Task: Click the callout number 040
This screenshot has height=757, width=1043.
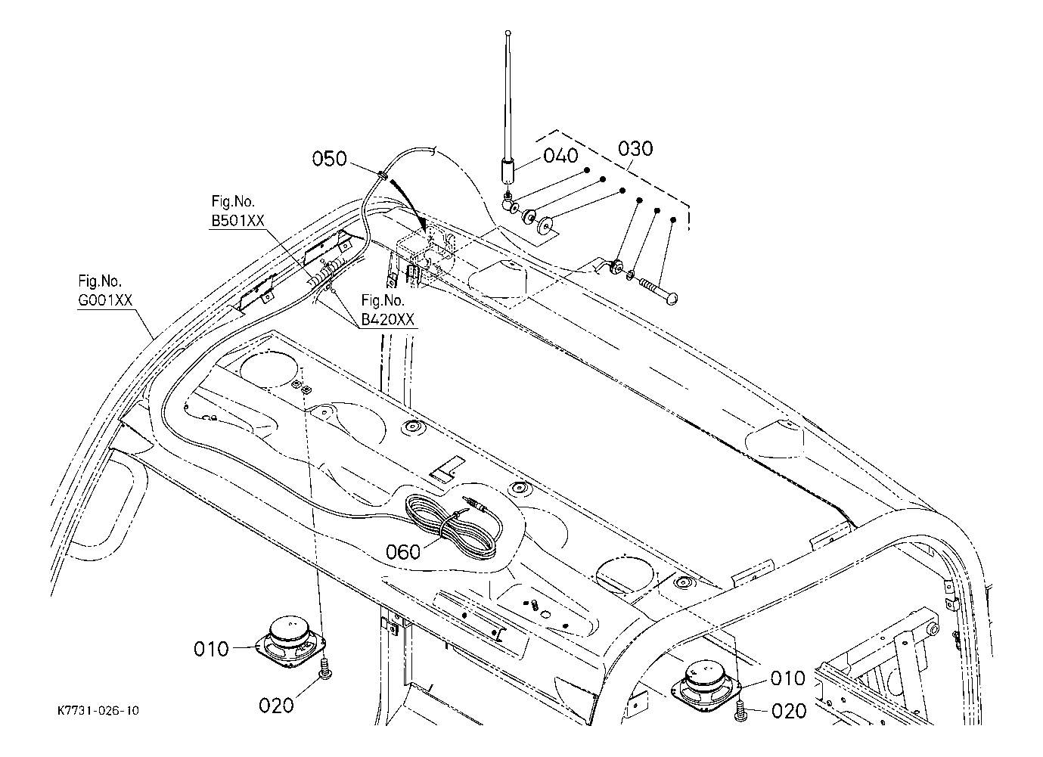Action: [x=560, y=156]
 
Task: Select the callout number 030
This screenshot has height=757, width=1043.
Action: [x=635, y=148]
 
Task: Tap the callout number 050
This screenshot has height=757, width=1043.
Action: [x=329, y=159]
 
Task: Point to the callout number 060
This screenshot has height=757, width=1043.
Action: [x=403, y=552]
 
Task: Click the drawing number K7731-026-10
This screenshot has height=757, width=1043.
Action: [x=98, y=710]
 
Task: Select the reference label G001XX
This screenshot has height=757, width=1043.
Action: [x=105, y=300]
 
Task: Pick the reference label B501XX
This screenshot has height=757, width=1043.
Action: [x=238, y=220]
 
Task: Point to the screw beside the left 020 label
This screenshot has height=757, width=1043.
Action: [x=325, y=669]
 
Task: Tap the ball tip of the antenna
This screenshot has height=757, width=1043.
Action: [x=508, y=33]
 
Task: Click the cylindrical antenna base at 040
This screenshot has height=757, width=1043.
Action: [x=508, y=170]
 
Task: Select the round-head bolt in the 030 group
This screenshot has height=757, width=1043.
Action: [x=660, y=290]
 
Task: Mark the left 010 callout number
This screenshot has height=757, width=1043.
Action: [x=211, y=649]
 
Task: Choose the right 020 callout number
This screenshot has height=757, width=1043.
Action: [x=789, y=711]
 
